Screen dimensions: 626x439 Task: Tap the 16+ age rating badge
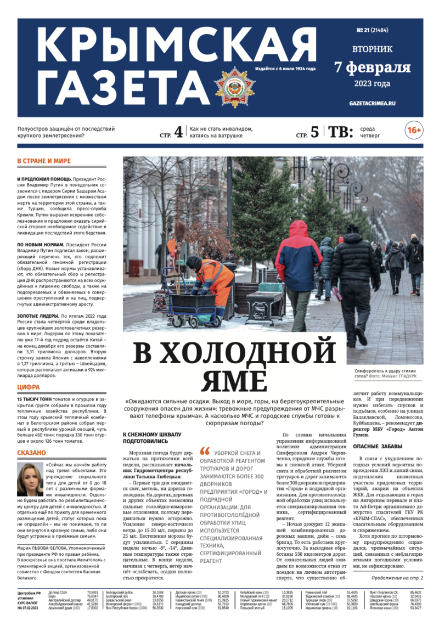(413, 131)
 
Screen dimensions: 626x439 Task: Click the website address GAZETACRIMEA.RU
(372, 103)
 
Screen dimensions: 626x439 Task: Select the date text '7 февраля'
(372, 67)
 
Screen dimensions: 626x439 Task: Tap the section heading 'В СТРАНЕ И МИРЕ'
(44, 161)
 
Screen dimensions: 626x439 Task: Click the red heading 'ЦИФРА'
(28, 387)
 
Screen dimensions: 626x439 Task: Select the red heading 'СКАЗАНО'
(31, 453)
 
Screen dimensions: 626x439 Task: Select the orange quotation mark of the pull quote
(205, 450)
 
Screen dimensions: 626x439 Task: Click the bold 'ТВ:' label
(340, 132)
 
